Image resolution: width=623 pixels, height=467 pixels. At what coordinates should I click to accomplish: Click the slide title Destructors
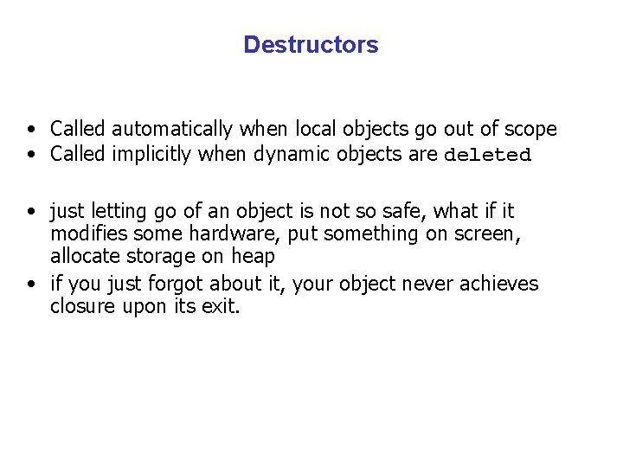point(311,45)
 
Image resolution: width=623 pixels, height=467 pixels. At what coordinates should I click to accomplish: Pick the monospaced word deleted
point(487,156)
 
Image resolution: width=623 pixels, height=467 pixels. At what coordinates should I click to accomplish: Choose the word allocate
point(87,257)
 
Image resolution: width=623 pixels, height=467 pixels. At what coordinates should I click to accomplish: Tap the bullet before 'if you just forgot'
point(31,285)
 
